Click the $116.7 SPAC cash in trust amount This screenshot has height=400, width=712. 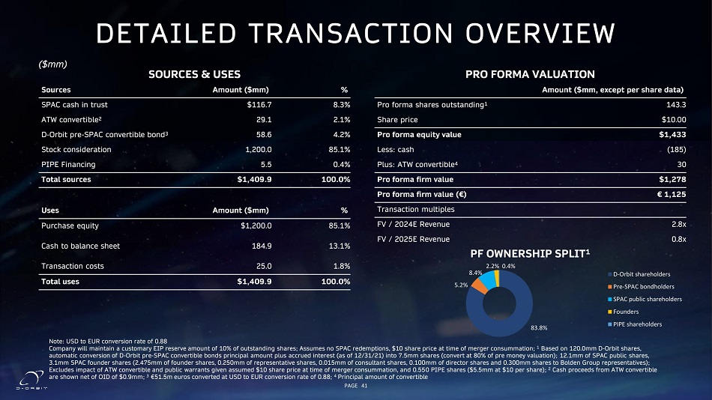(259, 105)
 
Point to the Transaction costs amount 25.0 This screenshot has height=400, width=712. (264, 266)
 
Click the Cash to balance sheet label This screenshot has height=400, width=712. (80, 246)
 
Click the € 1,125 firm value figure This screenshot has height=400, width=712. (667, 193)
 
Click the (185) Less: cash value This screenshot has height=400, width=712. (674, 150)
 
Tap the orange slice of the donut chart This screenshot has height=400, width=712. (479, 284)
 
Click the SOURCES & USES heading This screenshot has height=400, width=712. (195, 74)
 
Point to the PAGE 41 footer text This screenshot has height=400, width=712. (355, 385)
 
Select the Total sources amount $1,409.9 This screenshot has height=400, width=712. (254, 179)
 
